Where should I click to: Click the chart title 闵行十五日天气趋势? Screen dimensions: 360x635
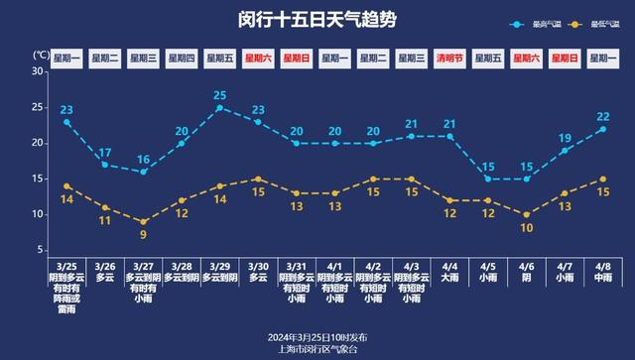[317, 20]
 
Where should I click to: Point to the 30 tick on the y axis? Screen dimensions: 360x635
[37, 71]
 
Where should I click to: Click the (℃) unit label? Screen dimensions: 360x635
[40, 55]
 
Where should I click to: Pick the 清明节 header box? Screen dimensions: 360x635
[449, 59]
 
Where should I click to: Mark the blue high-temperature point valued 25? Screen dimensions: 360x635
[219, 107]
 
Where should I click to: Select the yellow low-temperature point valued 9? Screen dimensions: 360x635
[143, 221]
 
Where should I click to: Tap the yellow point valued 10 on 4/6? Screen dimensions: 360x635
[527, 214]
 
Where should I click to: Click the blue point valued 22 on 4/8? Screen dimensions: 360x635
[602, 129]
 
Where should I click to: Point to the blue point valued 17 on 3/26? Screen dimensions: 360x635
[105, 164]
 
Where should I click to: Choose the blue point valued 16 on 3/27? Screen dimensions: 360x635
[143, 172]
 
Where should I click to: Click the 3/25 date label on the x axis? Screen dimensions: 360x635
[66, 267]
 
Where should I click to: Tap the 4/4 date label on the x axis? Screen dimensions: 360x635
[449, 267]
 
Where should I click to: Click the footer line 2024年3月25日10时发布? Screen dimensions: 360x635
[317, 336]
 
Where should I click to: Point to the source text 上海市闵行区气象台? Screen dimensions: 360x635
[317, 349]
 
